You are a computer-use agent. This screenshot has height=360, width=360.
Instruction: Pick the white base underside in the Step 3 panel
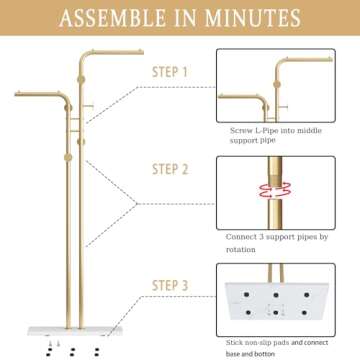pos(274,304)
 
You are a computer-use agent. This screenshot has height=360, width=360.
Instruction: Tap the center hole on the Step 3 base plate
pos(275,303)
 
